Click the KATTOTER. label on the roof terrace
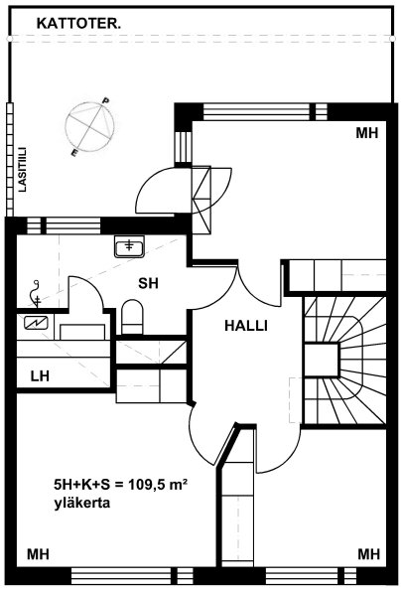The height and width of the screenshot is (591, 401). point(78,24)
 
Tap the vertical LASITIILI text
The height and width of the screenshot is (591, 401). point(23,169)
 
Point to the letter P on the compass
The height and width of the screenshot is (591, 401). point(106,100)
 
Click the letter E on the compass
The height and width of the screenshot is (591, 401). point(74,153)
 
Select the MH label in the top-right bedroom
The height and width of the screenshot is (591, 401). point(367,133)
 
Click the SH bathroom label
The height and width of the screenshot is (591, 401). point(148,283)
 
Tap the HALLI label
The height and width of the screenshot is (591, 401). point(246,326)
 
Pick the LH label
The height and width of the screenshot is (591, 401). point(40,376)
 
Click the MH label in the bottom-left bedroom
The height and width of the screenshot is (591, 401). point(38,554)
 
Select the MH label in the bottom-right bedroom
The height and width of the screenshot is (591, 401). point(368,554)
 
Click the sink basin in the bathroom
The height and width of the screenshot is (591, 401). point(129,247)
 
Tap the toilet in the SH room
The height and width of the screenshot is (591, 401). point(132,317)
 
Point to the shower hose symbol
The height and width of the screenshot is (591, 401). point(35,293)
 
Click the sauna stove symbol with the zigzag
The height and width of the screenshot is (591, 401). point(36,323)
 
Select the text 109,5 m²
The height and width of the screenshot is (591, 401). point(158,484)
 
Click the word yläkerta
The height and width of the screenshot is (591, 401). point(82,503)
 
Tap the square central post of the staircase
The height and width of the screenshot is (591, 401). point(321,360)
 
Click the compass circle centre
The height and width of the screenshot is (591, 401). point(89,127)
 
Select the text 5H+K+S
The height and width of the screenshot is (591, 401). point(82,485)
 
